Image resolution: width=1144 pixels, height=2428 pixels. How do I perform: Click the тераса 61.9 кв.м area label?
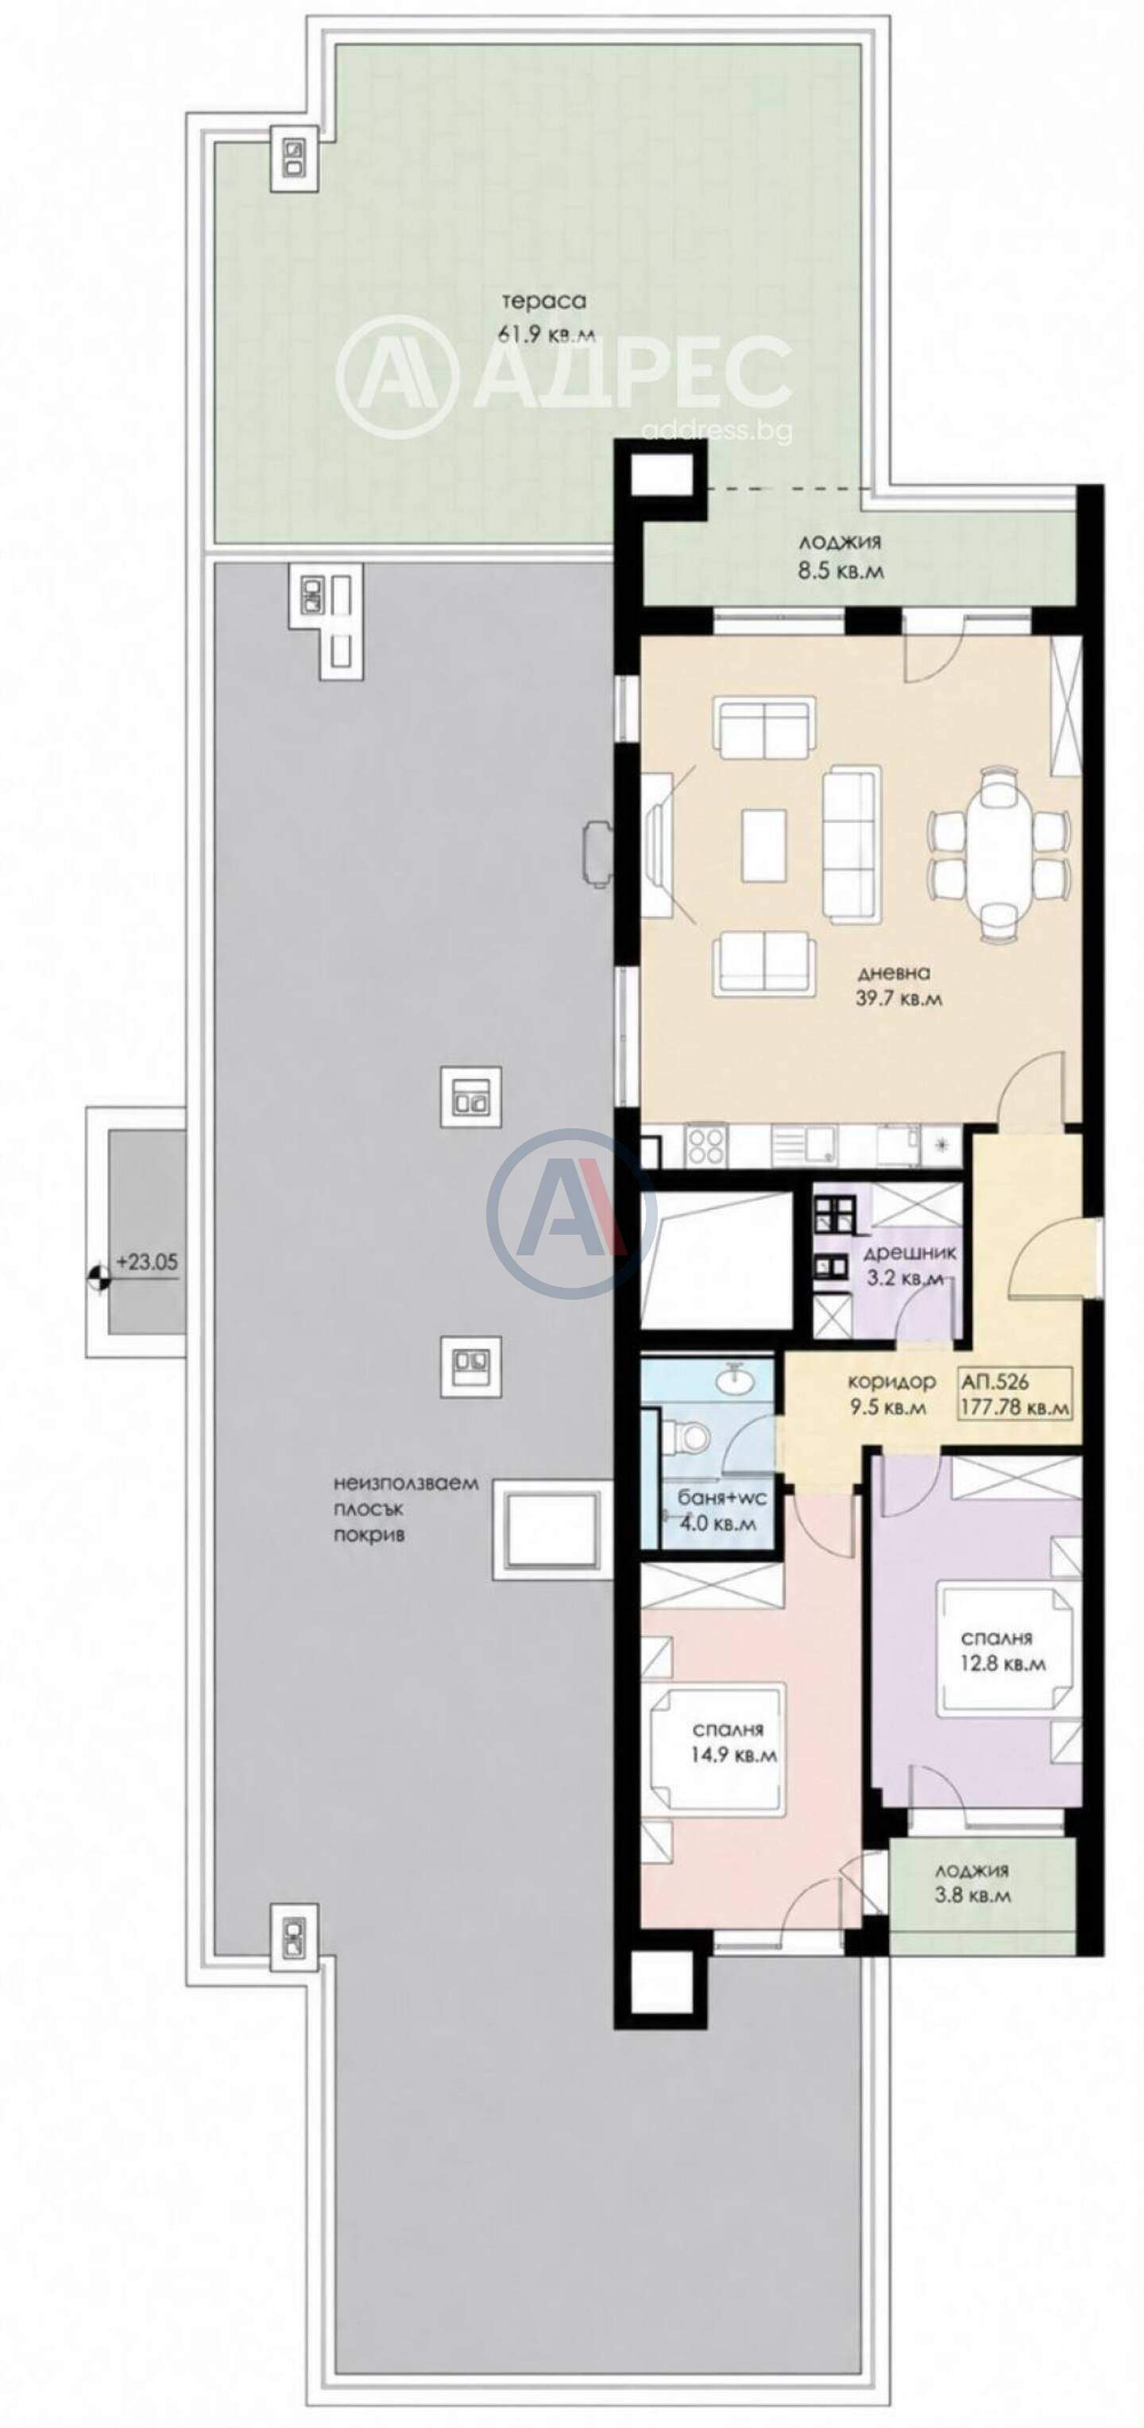[546, 318]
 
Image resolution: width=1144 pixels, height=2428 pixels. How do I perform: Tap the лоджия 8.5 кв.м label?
[840, 556]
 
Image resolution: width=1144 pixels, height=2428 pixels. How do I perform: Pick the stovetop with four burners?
[705, 1147]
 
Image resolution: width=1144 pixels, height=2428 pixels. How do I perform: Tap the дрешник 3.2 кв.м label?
[910, 1266]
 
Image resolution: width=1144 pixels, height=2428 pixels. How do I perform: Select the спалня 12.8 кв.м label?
[1003, 1650]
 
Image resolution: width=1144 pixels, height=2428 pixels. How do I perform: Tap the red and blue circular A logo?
[571, 1213]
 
